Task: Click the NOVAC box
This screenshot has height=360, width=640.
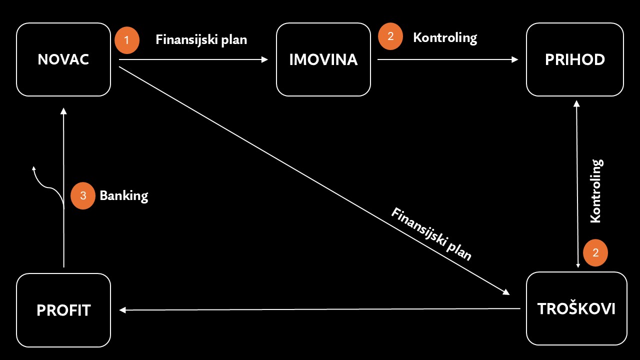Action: [63, 59]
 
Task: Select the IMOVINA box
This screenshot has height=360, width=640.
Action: [323, 59]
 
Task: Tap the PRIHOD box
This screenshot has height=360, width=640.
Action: [575, 59]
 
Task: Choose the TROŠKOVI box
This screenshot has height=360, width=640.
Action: [576, 308]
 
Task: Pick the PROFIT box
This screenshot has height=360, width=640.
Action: [63, 310]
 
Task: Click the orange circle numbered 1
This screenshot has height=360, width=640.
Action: [127, 40]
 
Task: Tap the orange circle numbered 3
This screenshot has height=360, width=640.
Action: [83, 195]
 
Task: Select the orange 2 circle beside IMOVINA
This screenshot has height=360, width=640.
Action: [390, 36]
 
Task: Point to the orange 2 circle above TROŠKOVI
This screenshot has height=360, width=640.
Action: [595, 253]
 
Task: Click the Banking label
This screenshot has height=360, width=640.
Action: [124, 196]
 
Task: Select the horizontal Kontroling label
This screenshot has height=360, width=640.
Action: [445, 37]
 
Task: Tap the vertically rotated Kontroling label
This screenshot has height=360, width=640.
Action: [596, 191]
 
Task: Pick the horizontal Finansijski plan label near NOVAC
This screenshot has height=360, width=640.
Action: [201, 39]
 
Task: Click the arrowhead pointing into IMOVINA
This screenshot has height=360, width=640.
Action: [265, 59]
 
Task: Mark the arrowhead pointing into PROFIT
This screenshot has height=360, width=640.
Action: [122, 310]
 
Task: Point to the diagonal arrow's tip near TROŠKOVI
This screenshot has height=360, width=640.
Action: [509, 294]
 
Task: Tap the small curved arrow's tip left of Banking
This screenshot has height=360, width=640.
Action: [33, 166]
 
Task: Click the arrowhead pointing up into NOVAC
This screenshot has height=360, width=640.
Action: [63, 108]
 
